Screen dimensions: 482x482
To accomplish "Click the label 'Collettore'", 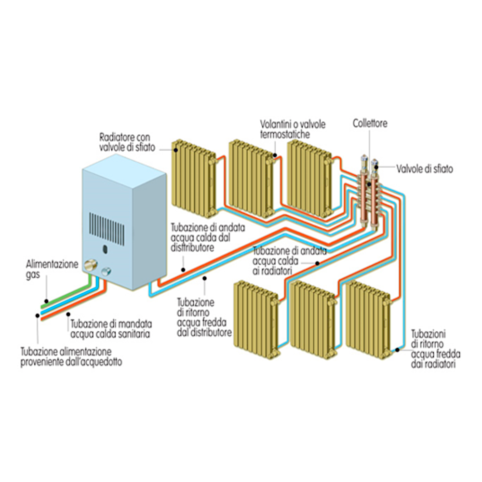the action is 370,124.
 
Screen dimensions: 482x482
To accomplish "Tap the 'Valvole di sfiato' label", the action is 425,169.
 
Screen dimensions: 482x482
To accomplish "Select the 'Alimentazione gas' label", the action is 52,269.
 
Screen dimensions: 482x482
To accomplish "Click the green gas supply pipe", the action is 67,292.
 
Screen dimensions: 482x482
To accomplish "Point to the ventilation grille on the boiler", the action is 107,229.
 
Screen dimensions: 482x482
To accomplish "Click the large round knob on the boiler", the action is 91,265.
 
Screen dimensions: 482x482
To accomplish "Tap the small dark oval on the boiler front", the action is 105,249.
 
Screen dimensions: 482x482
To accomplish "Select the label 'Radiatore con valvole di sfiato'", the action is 127,142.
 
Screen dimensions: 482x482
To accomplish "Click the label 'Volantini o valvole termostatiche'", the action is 293,129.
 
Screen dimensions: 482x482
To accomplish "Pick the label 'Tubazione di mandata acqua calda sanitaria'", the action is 111,329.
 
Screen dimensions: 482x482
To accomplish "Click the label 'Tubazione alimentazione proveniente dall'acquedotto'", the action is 71,357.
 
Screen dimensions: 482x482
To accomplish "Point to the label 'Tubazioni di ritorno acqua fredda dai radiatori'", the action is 436,349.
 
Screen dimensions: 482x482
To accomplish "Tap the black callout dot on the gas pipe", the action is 46,301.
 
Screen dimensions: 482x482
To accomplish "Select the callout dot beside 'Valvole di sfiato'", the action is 376,167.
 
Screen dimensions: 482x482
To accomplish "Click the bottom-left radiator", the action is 256,320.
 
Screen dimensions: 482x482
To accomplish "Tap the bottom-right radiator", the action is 368,320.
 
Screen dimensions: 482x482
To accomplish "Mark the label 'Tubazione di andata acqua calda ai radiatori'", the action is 289,261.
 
